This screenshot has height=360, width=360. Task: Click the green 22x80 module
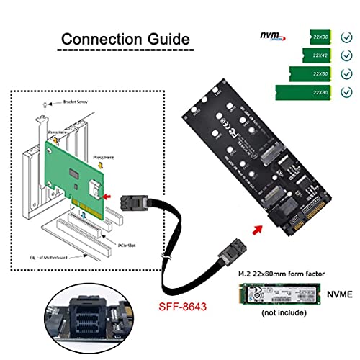point(303,91)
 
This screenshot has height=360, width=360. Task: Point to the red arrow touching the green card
point(108,193)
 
